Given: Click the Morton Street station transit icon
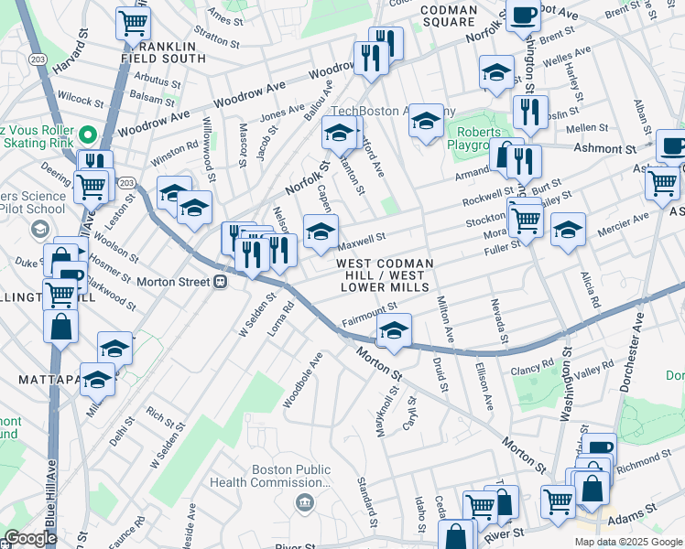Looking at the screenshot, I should [x=220, y=282].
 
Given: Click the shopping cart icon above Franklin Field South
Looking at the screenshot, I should [x=134, y=22].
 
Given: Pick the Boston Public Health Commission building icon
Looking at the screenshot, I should [x=304, y=501].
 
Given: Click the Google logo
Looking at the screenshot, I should [x=30, y=538].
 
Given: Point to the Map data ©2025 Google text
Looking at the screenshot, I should [x=626, y=541].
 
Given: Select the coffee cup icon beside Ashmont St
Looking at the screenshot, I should [x=671, y=145].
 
